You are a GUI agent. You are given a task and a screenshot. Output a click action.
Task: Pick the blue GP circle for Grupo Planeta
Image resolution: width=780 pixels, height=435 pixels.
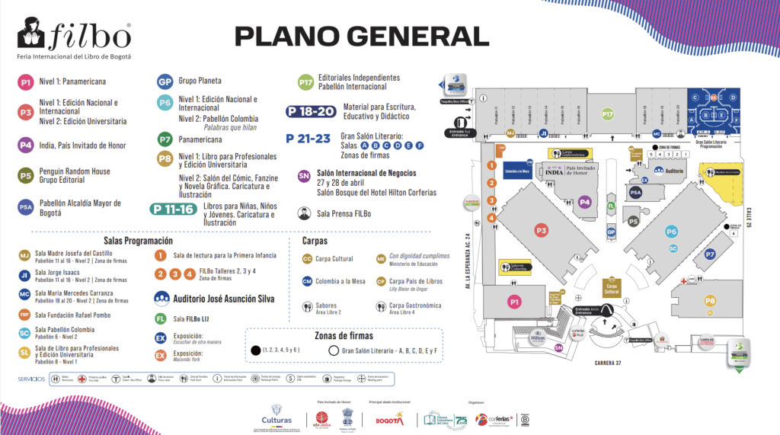tap(164, 82)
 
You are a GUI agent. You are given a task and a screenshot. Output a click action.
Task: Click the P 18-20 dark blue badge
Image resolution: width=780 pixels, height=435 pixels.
tap(311, 111)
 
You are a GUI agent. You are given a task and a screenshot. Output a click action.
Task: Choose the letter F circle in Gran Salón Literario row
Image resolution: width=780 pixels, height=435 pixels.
tap(420, 146)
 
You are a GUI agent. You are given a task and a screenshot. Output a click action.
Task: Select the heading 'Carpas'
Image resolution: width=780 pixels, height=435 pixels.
tap(315, 241)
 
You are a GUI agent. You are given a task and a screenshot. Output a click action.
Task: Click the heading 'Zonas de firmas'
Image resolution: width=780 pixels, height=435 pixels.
tap(345, 335)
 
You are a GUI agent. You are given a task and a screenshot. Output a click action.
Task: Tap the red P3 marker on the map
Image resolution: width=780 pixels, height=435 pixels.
tap(542, 229)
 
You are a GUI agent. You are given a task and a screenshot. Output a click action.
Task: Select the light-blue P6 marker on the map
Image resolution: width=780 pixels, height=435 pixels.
tap(672, 232)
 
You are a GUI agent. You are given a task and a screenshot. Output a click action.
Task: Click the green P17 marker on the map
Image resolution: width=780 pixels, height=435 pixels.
tap(607, 114)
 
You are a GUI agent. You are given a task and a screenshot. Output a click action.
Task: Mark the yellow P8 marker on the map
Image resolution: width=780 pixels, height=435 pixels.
tap(710, 301)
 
